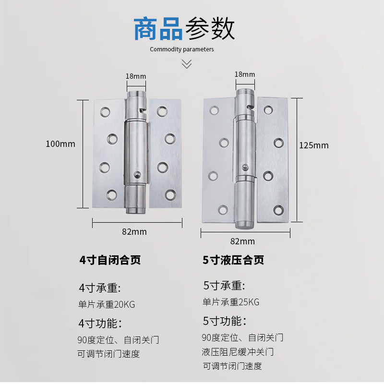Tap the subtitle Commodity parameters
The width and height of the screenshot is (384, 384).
point(182,49)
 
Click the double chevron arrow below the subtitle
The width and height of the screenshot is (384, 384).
point(187,64)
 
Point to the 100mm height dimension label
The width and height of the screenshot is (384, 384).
point(60,144)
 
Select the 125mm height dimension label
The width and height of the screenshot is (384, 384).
point(314,145)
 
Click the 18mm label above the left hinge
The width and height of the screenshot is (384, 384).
point(135,76)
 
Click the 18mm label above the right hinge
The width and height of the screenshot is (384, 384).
point(245,74)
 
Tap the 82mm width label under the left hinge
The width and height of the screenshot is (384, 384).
point(134,231)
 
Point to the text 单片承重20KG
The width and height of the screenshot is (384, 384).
point(106,304)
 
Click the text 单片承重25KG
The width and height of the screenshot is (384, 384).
point(230,302)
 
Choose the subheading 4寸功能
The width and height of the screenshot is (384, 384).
point(100,323)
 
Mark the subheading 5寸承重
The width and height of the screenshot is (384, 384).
point(224,286)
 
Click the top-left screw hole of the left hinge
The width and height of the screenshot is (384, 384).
point(105,113)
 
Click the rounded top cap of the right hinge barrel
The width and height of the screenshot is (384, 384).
point(245,90)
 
